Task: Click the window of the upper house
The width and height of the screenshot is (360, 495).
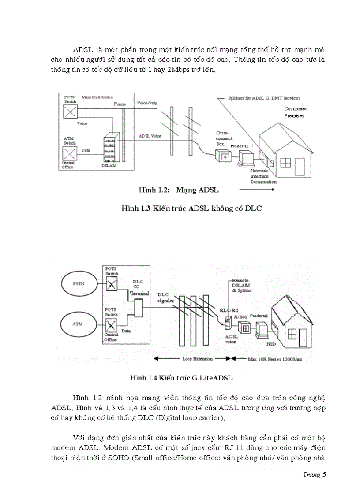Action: (285, 163)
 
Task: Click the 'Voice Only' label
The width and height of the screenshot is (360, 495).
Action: (147, 103)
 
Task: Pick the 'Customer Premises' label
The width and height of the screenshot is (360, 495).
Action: (295, 112)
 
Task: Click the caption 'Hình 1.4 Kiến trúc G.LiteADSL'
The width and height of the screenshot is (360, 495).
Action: (181, 378)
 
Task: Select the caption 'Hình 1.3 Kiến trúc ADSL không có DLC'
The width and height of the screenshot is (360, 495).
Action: (191, 208)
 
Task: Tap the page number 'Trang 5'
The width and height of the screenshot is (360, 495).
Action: (314, 475)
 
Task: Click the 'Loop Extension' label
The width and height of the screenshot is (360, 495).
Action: (197, 359)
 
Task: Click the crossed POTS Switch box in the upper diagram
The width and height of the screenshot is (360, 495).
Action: (69, 112)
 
